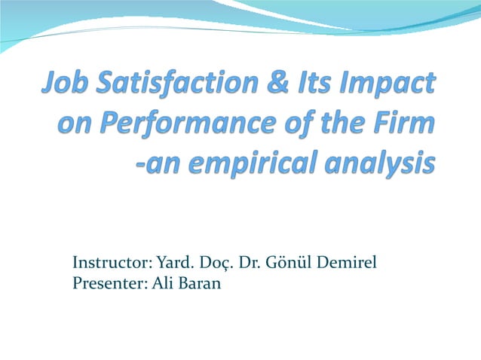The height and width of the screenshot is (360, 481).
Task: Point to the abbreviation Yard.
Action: click(x=175, y=263)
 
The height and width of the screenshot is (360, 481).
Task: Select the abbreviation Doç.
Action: click(x=216, y=264)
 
